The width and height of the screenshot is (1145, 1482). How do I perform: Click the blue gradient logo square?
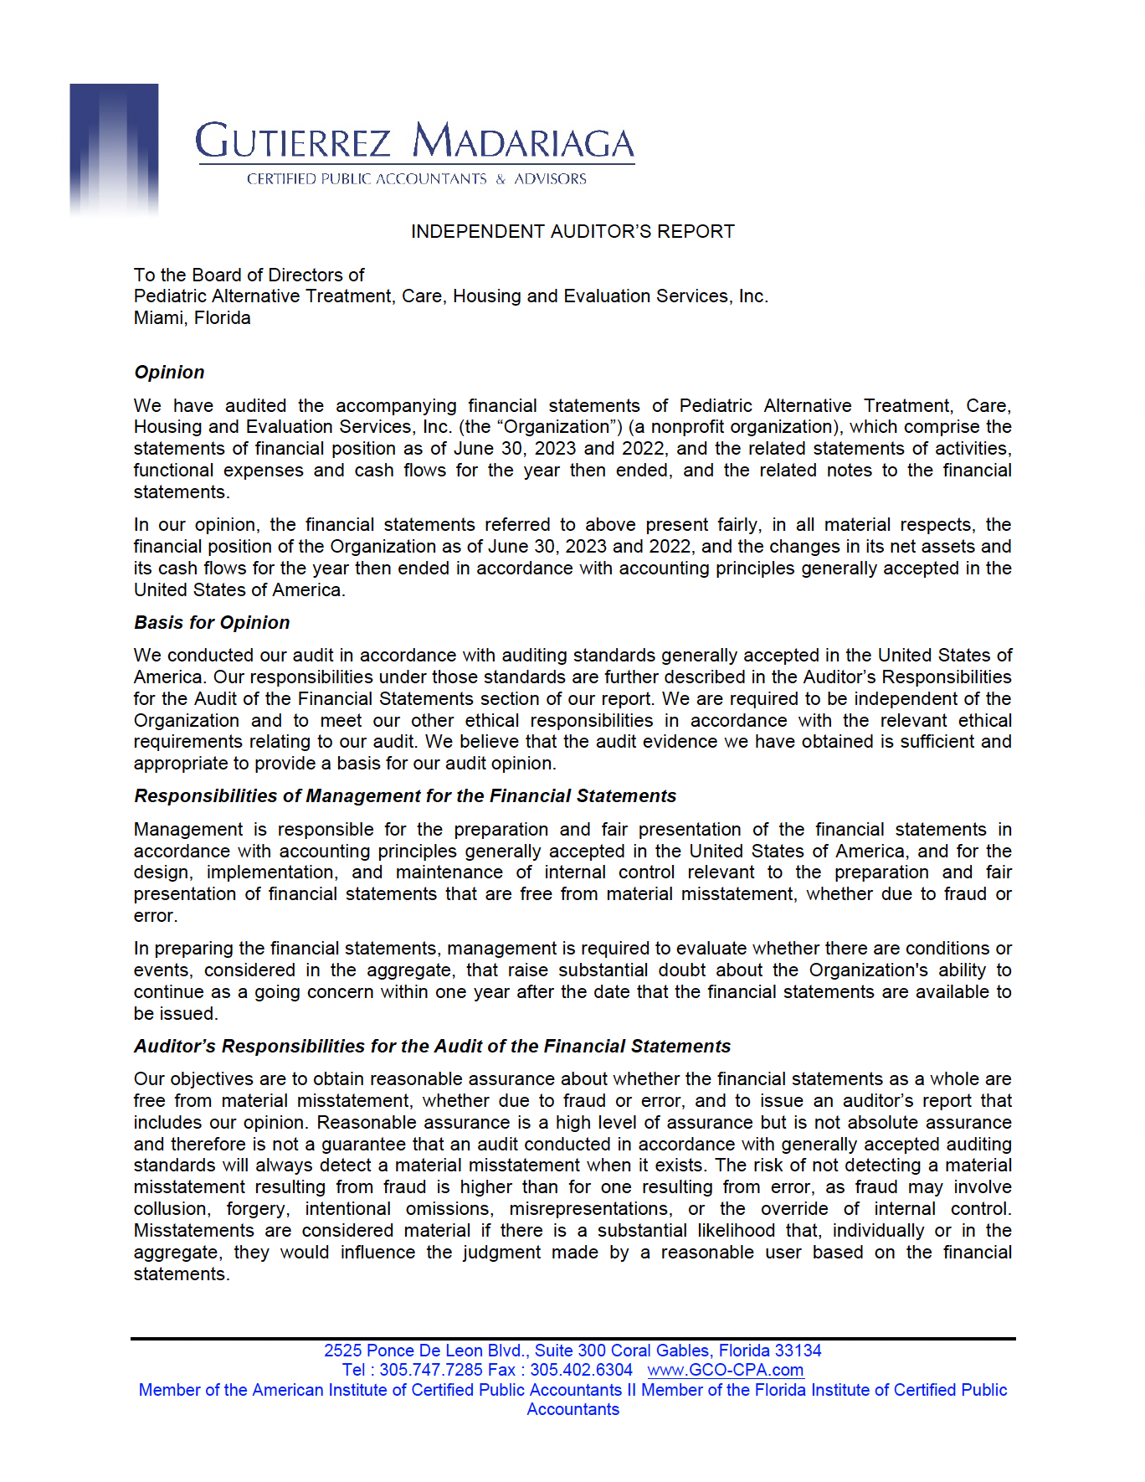114,149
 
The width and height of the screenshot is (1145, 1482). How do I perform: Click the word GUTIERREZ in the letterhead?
293,142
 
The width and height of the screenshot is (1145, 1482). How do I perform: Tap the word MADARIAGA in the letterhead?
524,142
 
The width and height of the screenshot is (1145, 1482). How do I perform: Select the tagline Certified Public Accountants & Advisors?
416,179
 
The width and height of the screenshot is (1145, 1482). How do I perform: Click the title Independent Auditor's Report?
572,232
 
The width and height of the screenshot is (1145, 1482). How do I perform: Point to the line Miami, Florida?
193,318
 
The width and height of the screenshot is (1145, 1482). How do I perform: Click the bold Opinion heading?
169,373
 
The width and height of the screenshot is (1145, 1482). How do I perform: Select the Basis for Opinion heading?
212,623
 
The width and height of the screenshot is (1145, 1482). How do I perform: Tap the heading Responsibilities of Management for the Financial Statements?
405,796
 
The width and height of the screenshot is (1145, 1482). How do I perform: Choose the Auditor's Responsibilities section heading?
432,1047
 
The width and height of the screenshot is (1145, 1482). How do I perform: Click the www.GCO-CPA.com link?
726,1371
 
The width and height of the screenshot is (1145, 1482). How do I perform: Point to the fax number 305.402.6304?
581,1371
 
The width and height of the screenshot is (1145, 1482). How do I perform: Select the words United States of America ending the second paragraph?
238,590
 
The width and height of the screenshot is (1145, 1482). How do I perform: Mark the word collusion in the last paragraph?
172,1209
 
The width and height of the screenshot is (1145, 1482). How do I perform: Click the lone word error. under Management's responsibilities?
156,916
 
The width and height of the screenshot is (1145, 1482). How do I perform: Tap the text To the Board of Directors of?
249,275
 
